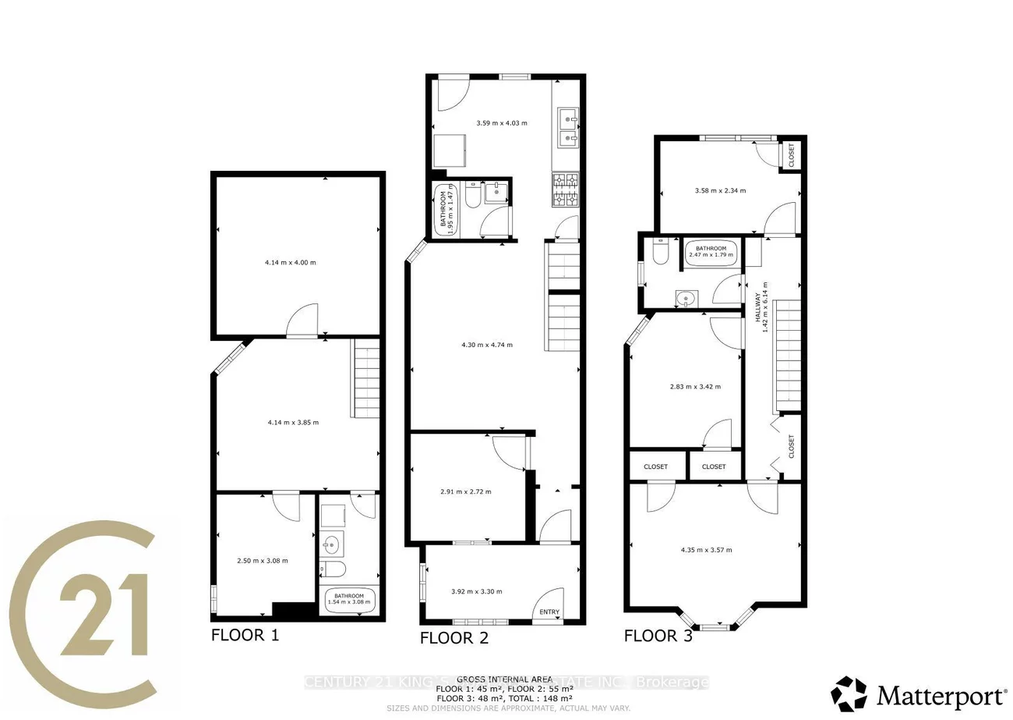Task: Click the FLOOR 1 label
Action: (245, 634)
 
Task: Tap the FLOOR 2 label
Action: (454, 638)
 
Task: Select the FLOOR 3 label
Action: (658, 636)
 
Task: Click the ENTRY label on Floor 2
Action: (549, 612)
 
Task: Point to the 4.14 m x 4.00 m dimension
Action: (291, 262)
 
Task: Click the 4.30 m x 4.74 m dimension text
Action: (487, 345)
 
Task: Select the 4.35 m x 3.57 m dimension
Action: (706, 550)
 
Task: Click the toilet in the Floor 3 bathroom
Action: (659, 254)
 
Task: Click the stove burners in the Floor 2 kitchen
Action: (566, 190)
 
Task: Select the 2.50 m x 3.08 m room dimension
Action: (263, 560)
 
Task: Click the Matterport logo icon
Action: (849, 693)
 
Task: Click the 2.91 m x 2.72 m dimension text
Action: (465, 491)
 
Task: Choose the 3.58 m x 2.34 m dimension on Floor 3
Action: (720, 190)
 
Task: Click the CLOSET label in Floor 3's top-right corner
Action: (792, 155)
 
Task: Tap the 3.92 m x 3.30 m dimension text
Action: (476, 591)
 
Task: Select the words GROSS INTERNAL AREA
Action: (505, 679)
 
